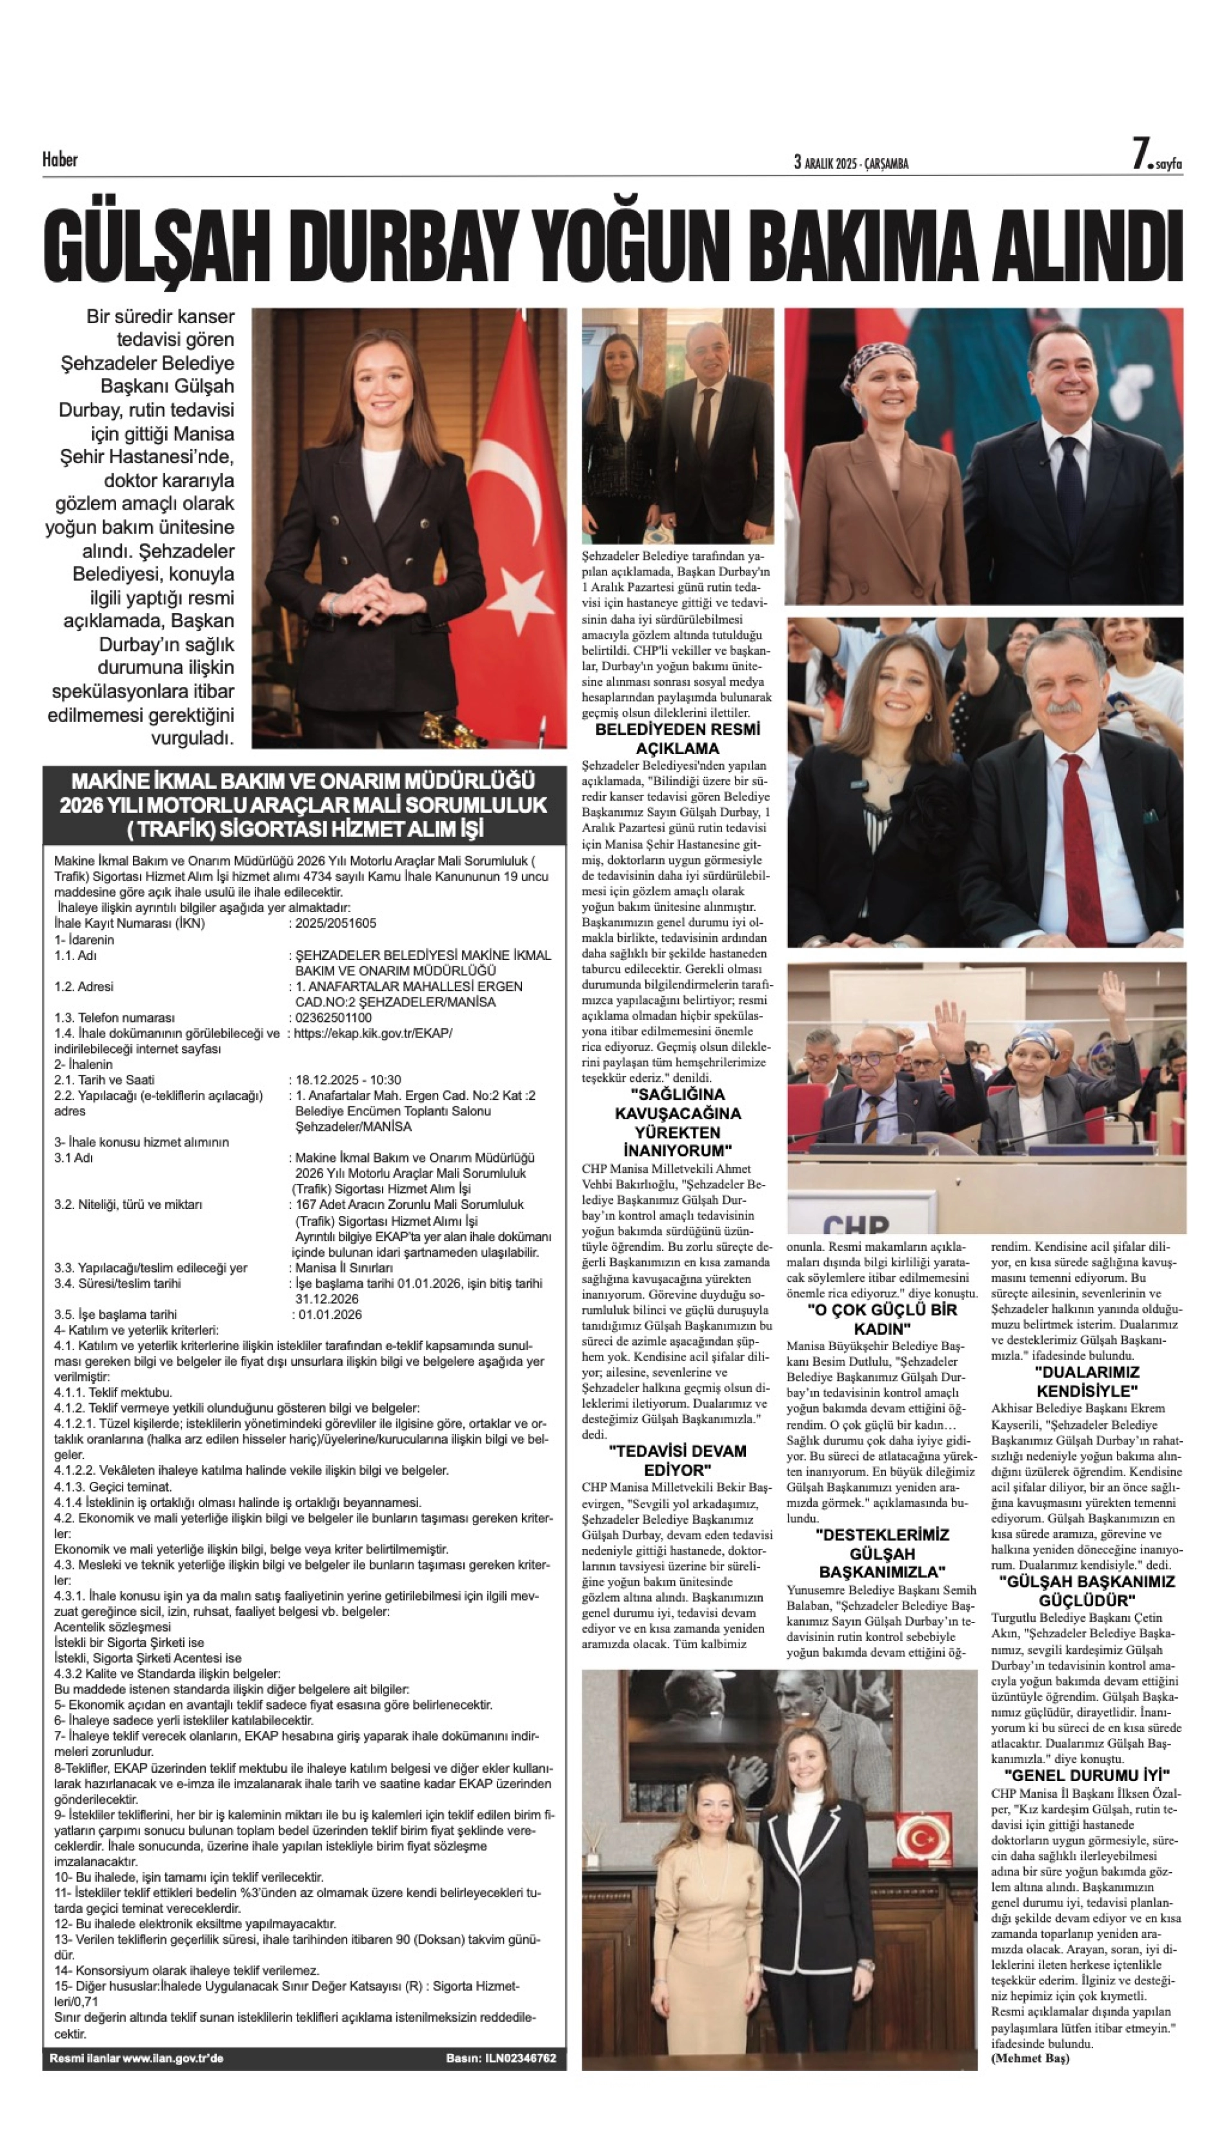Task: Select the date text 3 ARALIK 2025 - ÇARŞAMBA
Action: click(x=850, y=163)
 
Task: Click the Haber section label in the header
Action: click(x=60, y=159)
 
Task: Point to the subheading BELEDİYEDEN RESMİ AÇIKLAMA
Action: click(x=677, y=738)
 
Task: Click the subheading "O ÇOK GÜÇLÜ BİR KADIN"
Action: click(x=883, y=1319)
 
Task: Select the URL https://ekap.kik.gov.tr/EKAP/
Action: click(x=373, y=1033)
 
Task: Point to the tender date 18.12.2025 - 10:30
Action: click(x=348, y=1080)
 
